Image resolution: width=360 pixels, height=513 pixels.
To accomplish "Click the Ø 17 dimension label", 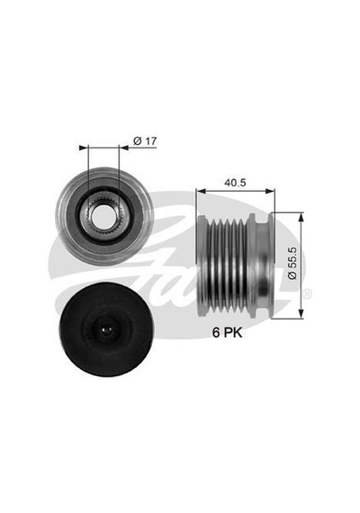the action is click(145, 141).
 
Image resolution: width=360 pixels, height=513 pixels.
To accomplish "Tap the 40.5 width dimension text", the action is click(235, 183).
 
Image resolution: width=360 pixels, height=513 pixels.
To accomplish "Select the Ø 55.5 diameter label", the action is click(292, 263).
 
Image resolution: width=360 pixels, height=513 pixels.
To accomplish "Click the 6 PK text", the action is click(228, 332).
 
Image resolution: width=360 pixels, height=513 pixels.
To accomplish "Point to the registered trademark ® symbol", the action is click(308, 293).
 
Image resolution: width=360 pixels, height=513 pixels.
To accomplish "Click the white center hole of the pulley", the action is click(103, 217).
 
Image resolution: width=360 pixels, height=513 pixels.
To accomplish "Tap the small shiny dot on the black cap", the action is click(106, 329).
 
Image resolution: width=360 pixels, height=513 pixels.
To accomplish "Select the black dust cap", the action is click(106, 329).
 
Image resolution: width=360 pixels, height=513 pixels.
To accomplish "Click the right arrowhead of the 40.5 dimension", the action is click(270, 191).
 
